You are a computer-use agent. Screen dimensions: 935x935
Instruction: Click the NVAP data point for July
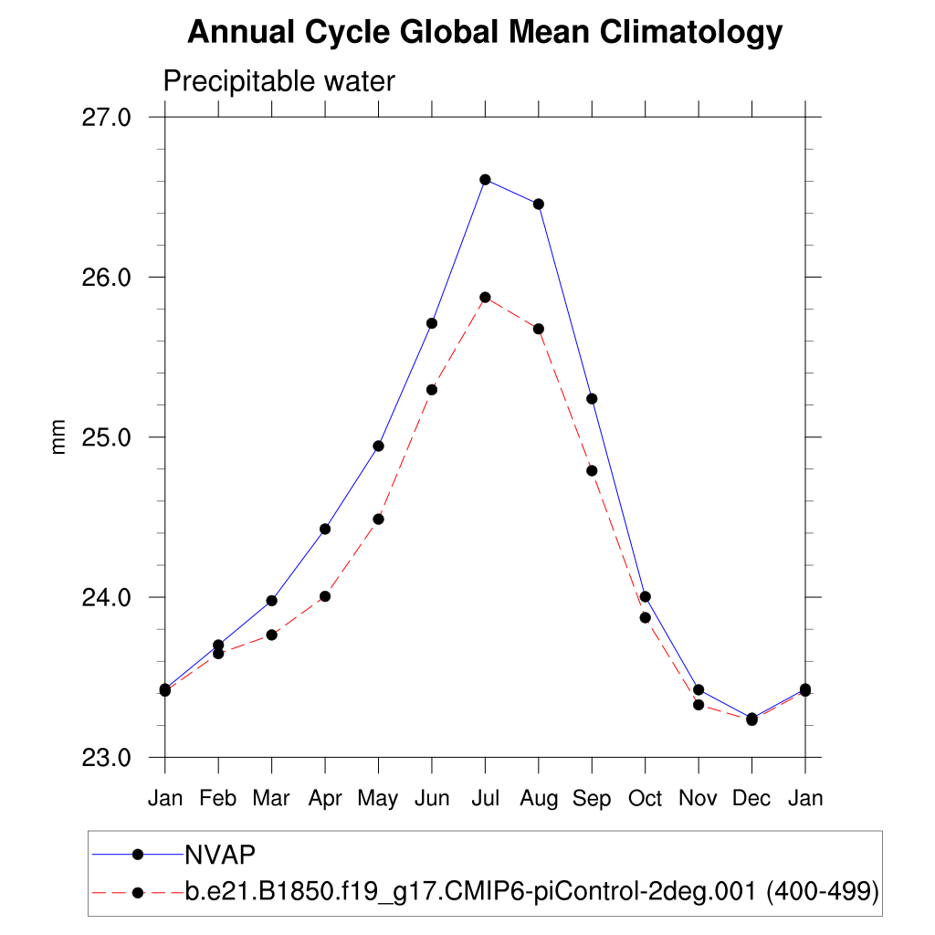485,180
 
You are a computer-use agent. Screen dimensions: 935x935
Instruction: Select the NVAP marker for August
539,204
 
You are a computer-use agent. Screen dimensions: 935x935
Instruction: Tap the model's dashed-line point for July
485,298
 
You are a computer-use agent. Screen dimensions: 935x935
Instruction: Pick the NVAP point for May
378,446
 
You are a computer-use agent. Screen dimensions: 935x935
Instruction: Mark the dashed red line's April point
324,596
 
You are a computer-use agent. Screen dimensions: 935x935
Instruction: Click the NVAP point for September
592,398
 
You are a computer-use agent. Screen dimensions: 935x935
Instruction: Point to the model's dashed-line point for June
431,390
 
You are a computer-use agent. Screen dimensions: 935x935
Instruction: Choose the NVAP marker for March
271,601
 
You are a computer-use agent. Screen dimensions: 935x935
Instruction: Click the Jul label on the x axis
485,799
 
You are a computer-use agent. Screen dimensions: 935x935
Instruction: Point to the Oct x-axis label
645,799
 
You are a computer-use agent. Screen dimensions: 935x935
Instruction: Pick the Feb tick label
218,799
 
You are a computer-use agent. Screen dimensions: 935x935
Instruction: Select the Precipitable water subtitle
278,82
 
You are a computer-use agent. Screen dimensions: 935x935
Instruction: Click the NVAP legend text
219,854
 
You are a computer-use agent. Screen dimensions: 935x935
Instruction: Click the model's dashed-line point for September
592,470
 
